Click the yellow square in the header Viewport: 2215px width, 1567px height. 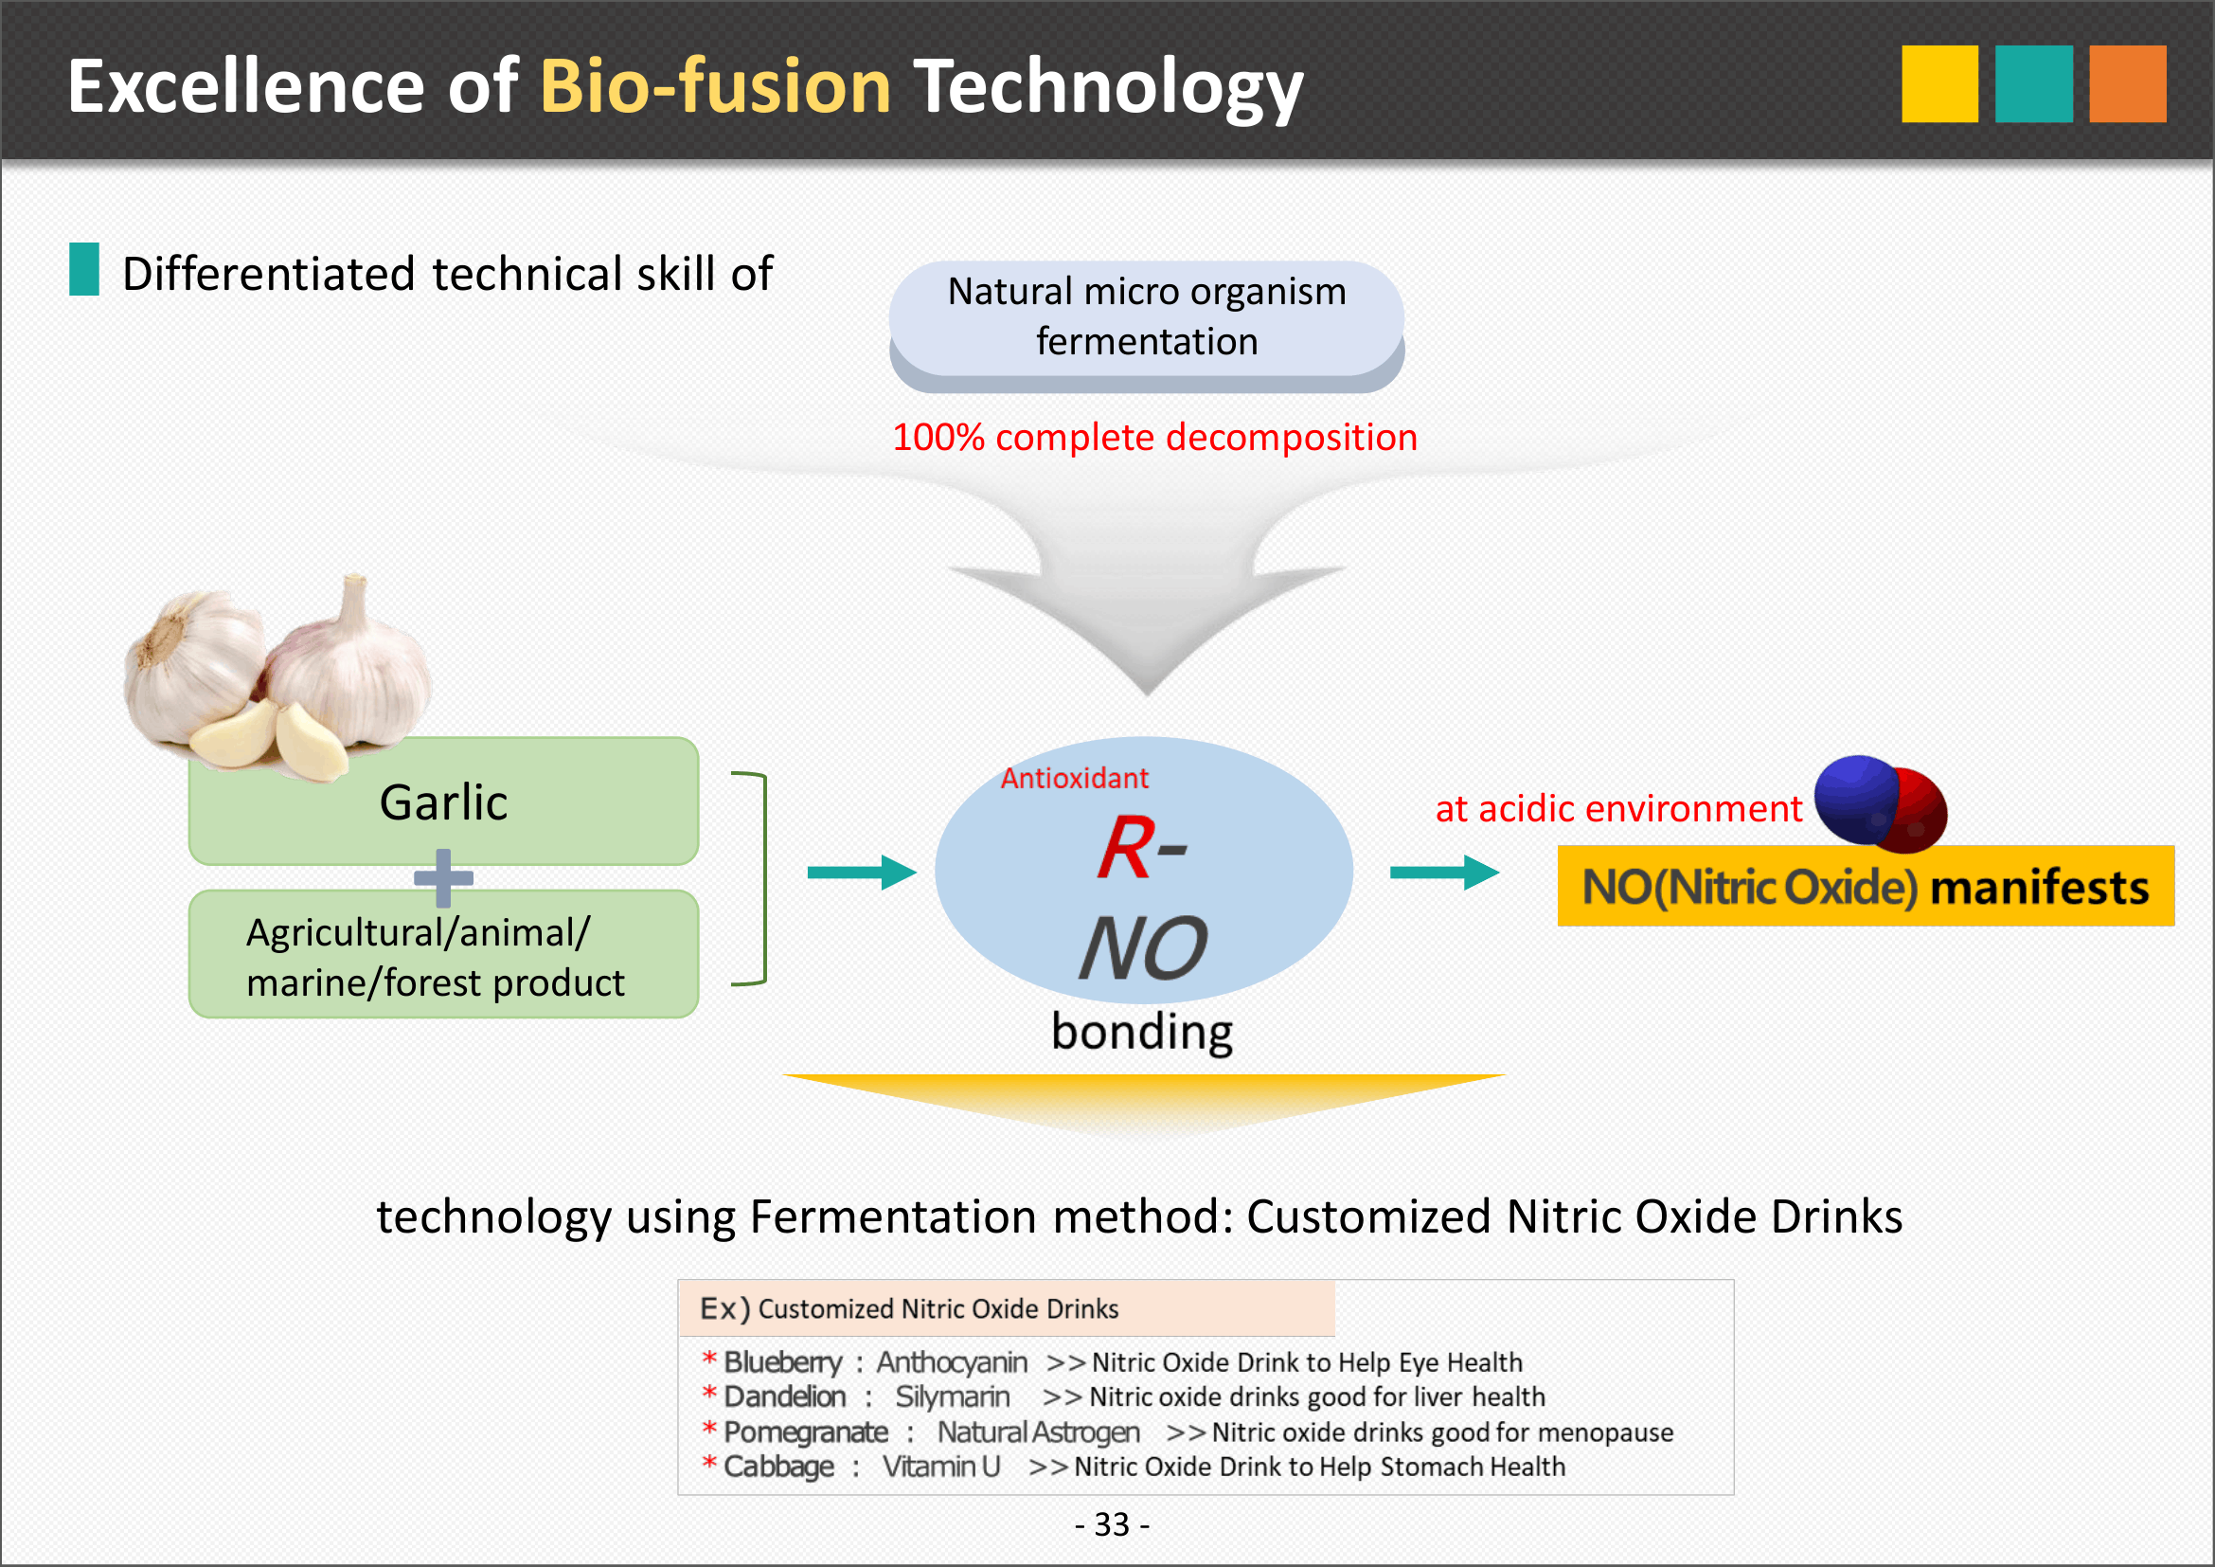[1939, 84]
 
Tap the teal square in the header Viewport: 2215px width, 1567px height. [2033, 84]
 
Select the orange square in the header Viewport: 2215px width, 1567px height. [2127, 84]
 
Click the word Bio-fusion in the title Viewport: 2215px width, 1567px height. [715, 86]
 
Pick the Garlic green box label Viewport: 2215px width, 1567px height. [443, 802]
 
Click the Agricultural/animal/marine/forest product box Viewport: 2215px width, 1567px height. [443, 954]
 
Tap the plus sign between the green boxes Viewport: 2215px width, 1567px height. [443, 878]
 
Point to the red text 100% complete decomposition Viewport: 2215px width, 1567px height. [1154, 438]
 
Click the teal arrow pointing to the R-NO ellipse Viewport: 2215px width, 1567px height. [862, 873]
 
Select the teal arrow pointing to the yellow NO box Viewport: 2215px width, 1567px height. [1444, 873]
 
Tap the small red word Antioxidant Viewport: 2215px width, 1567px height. [1074, 779]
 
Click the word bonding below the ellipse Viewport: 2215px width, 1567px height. [1141, 1032]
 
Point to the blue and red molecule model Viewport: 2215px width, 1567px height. [1881, 803]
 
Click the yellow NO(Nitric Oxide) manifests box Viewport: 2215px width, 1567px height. [1866, 886]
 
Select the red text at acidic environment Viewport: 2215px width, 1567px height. [1618, 808]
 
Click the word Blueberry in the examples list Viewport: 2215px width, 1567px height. [783, 1362]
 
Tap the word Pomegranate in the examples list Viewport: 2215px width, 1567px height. [806, 1432]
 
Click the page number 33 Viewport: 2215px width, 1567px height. [1112, 1524]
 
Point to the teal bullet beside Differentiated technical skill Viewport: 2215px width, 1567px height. [84, 269]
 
